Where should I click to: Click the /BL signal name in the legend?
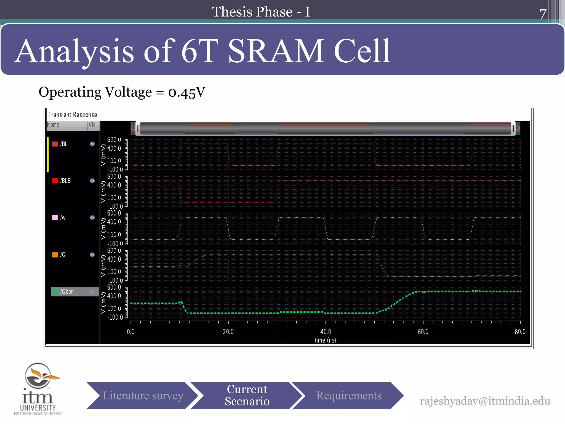pos(64,144)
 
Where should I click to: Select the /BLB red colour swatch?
pos(55,181)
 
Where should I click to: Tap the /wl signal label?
pos(63,218)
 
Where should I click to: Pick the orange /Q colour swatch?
pos(55,255)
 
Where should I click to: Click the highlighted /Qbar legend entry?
pos(75,292)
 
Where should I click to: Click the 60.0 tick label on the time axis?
pos(423,332)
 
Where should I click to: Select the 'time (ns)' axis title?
pos(325,340)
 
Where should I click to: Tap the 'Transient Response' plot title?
pos(73,115)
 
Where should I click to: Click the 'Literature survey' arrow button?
pos(143,396)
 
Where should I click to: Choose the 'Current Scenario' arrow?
pos(247,396)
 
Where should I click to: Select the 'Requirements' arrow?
pos(348,396)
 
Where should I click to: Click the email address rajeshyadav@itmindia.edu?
pos(485,401)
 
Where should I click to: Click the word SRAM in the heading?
pos(276,51)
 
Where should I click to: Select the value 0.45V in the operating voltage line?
pos(187,92)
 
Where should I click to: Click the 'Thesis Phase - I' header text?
pos(261,12)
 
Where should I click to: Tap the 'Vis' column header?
pos(92,125)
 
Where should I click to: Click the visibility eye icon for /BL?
pos(92,144)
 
